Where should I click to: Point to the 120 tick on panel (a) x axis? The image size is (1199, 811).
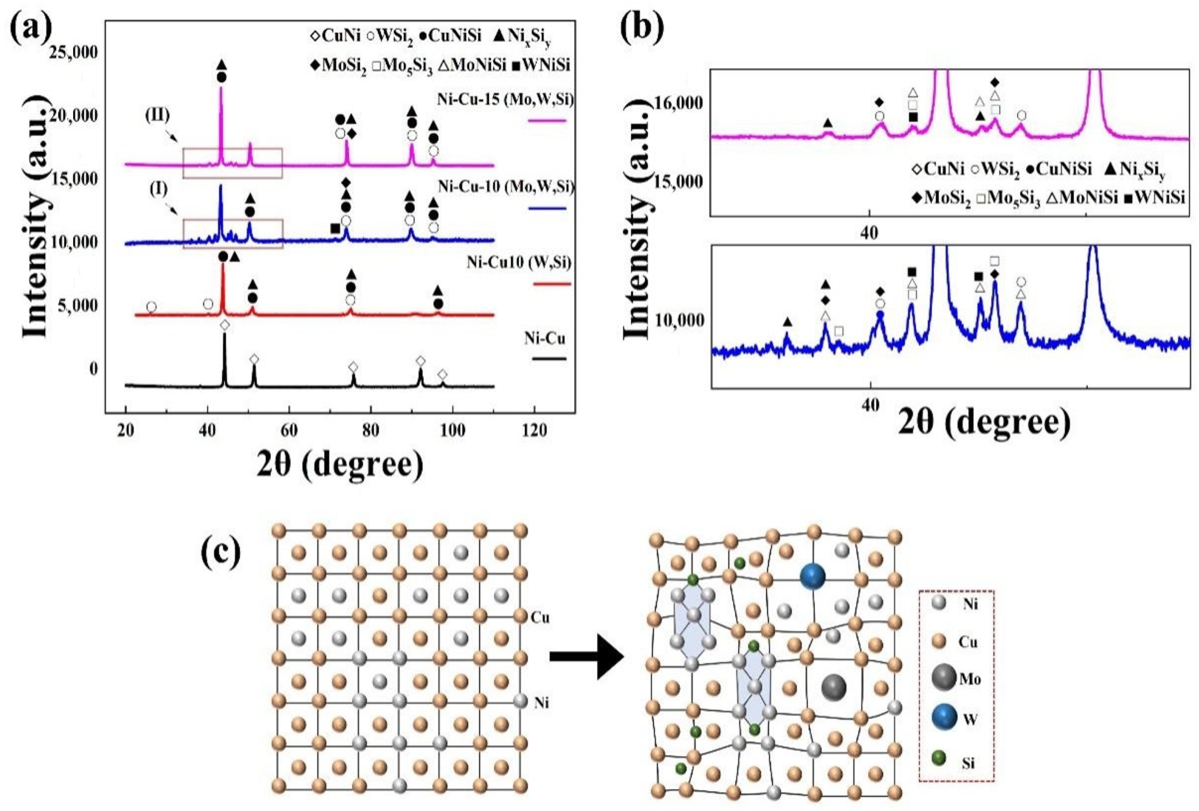535,429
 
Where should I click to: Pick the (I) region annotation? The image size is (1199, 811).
158,189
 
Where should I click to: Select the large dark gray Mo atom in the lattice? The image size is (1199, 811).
834,687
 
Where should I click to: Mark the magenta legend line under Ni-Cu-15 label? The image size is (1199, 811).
547,121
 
